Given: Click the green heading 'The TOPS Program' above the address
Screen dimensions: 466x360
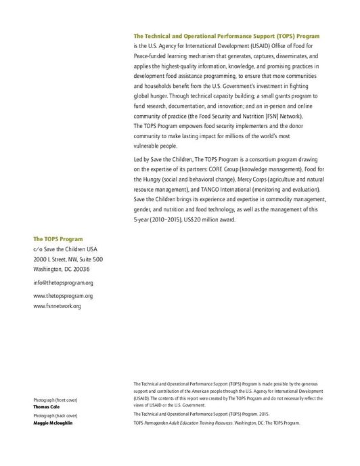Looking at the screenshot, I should [x=58, y=239].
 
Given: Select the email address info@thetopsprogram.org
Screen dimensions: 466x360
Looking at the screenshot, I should [x=63, y=282].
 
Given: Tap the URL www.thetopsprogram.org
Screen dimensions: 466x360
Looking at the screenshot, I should [x=63, y=296].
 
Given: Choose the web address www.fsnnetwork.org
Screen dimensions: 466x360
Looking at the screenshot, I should [x=57, y=306].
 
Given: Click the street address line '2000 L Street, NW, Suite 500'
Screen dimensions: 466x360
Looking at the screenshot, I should [x=68, y=259].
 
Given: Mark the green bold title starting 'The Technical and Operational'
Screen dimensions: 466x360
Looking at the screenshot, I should [x=227, y=35].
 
